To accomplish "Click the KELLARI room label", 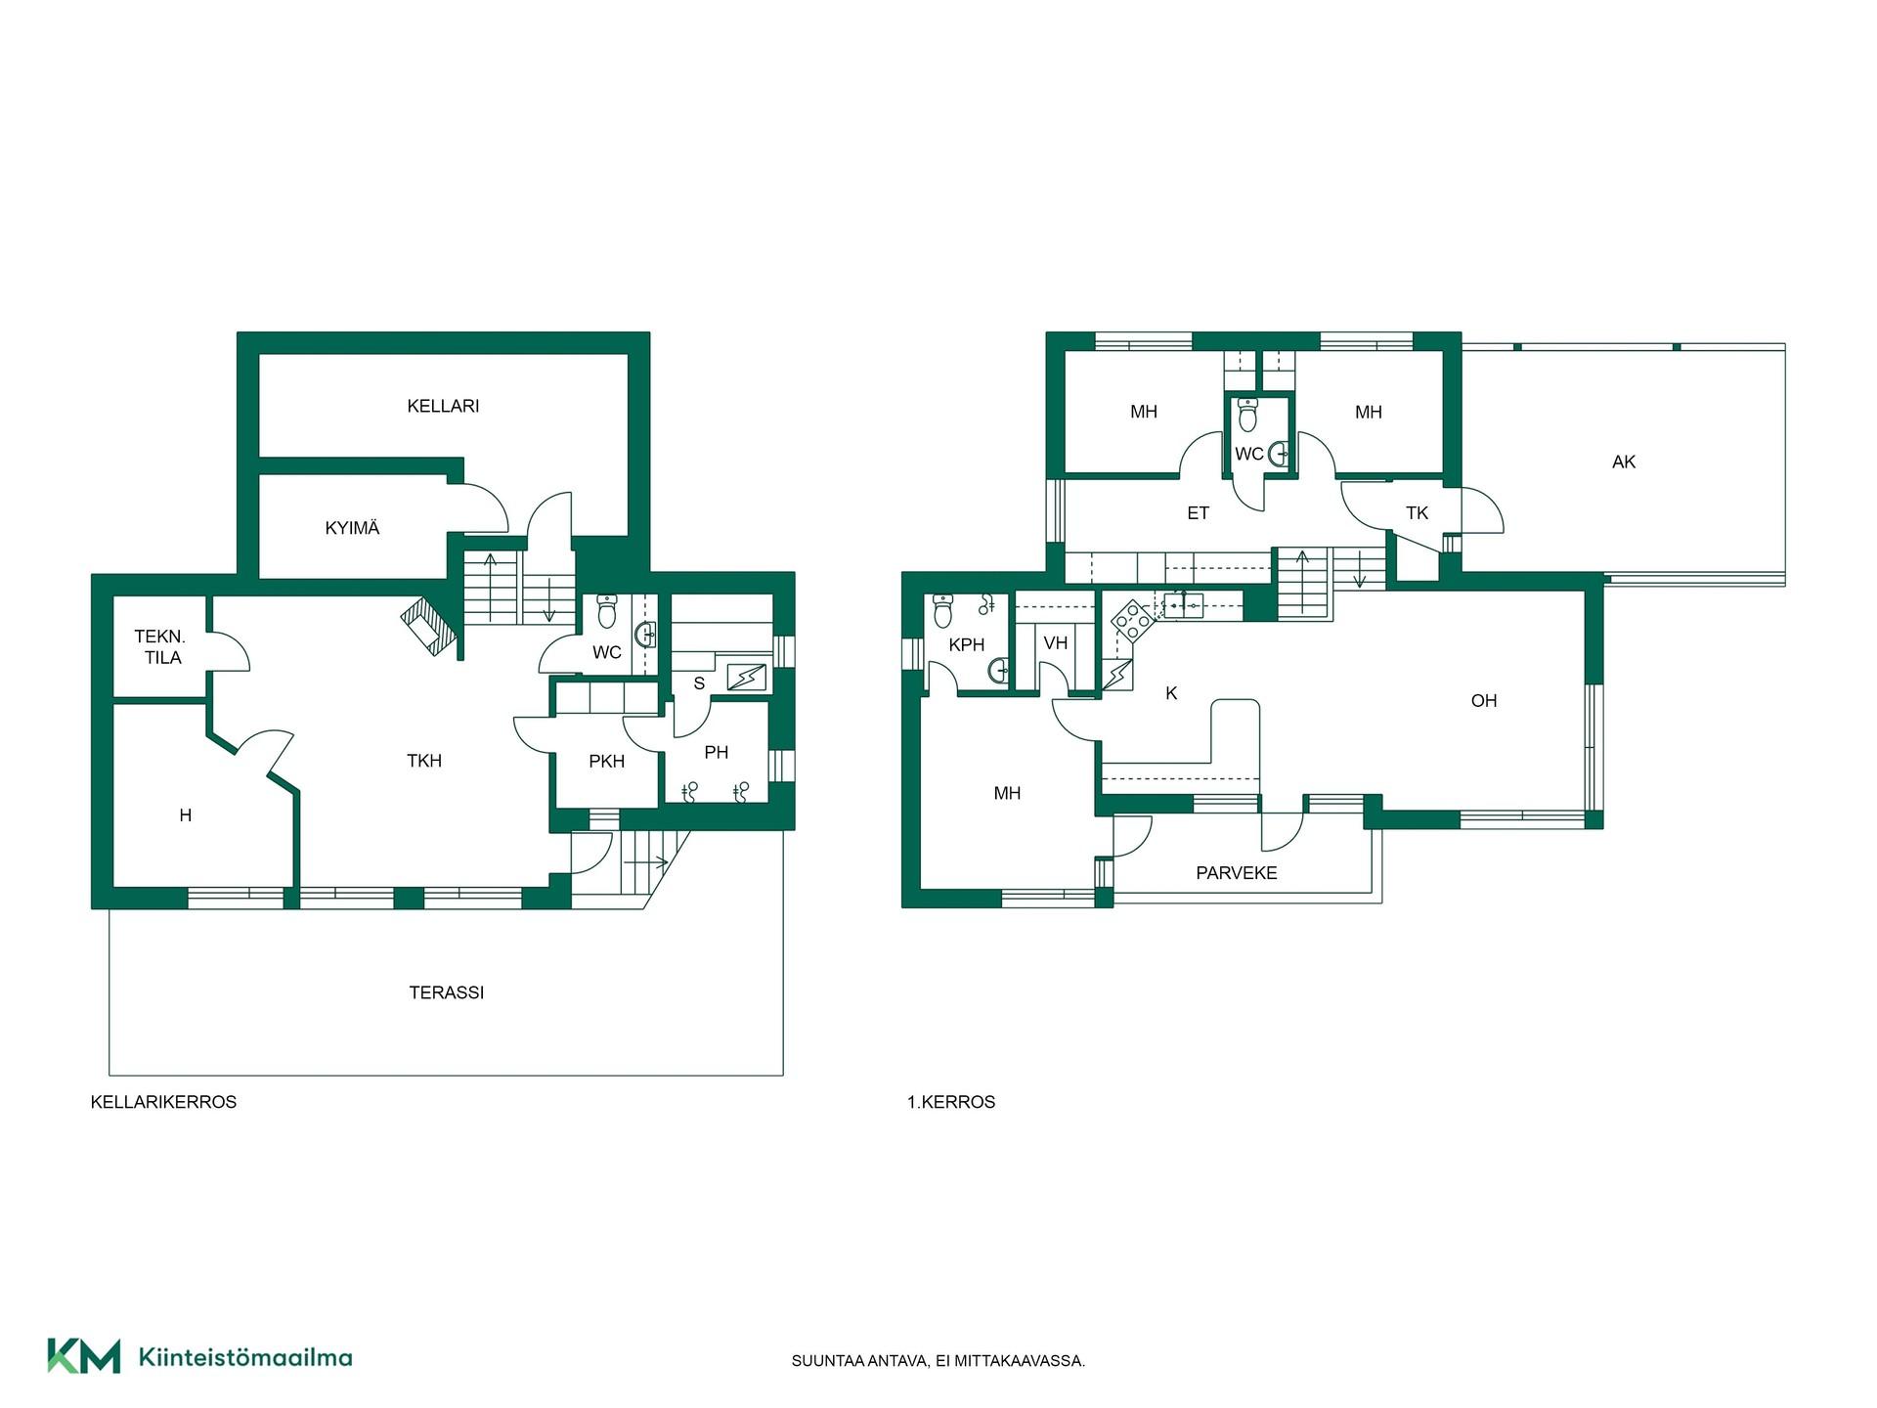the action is point(443,406).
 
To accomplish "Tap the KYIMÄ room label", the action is point(352,528).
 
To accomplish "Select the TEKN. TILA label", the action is point(161,647).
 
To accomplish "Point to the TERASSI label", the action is point(446,992).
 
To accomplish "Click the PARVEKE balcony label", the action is point(1237,873).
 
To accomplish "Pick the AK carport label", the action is point(1624,462).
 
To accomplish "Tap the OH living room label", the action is point(1484,700).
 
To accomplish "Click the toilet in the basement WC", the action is point(607,611).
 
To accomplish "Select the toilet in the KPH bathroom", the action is point(943,610).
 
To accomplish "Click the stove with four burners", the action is point(1133,620).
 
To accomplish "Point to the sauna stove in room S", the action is point(747,677).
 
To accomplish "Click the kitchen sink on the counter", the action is point(1183,605).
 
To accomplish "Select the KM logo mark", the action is point(84,1356).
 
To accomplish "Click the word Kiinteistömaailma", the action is point(245,1357).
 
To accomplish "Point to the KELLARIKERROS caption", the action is point(163,1102).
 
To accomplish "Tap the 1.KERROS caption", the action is point(951,1102).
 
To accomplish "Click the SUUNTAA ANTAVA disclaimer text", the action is point(938,1361).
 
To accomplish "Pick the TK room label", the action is point(1417,513).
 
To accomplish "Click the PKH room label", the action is point(606,762).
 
